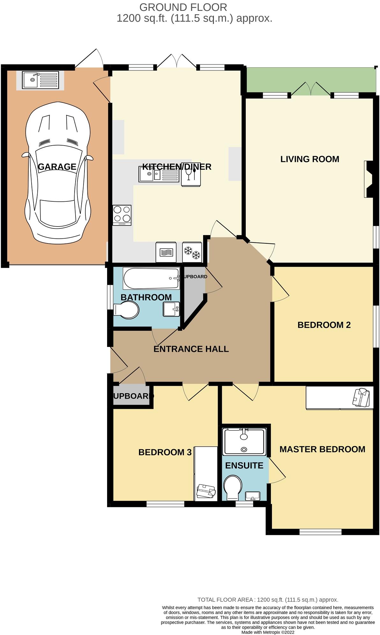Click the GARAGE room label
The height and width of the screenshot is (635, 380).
(57, 167)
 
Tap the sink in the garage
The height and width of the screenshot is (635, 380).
(40, 80)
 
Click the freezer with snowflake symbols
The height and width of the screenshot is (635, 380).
(192, 252)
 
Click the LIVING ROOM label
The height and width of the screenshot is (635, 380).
(310, 159)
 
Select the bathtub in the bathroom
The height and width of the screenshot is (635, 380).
(151, 278)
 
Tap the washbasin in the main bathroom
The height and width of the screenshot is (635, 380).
(171, 309)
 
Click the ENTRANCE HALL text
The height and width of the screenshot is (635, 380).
(191, 349)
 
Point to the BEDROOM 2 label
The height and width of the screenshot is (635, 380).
(324, 325)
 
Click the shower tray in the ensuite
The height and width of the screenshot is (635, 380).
(244, 442)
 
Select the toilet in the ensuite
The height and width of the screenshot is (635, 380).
(232, 487)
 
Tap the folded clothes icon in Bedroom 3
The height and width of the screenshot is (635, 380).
(206, 491)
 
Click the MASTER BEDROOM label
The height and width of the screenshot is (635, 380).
(322, 449)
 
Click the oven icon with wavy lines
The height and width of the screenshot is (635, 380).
(166, 252)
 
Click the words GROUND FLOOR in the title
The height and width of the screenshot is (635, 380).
(183, 7)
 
